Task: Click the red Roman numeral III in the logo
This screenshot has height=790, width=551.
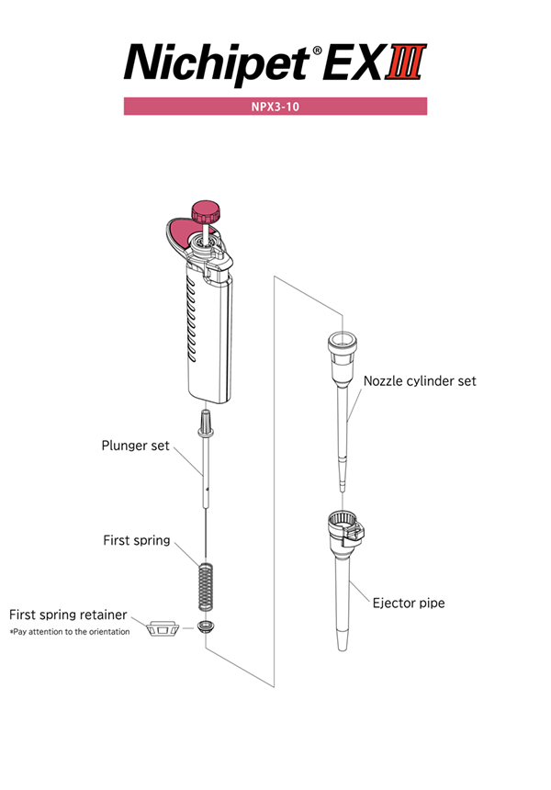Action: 406,62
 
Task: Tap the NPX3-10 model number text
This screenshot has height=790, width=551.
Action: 275,107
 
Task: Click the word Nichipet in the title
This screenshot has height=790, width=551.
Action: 217,64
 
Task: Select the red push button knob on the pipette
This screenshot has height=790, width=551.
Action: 206,211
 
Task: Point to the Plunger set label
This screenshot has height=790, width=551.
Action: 135,446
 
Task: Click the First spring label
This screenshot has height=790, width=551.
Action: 137,540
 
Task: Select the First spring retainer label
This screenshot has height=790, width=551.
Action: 68,615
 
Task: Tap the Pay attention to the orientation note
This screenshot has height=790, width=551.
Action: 70,632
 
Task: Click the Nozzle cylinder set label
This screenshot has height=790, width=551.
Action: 420,381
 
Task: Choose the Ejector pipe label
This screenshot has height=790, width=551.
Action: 409,603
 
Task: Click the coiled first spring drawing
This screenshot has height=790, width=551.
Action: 206,586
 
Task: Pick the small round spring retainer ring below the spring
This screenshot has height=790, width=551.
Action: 206,627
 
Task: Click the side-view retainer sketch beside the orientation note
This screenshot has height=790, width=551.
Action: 163,628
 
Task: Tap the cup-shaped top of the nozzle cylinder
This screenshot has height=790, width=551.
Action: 343,344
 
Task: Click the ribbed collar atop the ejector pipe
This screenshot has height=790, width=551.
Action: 345,527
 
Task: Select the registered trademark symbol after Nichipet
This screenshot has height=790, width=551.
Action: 317,50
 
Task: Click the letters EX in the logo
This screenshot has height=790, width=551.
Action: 353,62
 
